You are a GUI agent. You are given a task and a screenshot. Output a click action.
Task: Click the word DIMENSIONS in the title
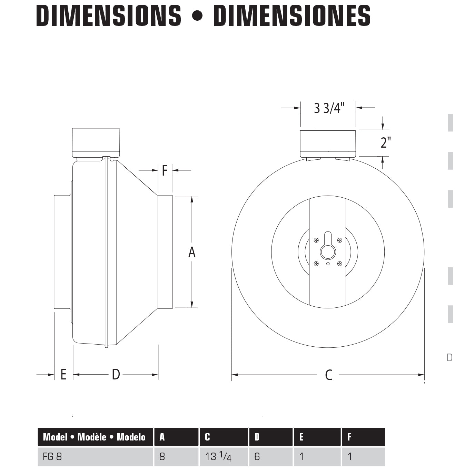(x=109, y=16)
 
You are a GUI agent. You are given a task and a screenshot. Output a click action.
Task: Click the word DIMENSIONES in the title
(x=291, y=16)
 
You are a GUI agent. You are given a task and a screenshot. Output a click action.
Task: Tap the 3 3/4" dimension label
(x=329, y=108)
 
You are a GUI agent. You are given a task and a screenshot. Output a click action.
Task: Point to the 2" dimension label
(x=386, y=142)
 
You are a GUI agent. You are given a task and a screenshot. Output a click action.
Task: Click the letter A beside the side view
(x=192, y=252)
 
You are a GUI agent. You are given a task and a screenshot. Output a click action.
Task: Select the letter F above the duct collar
(x=165, y=170)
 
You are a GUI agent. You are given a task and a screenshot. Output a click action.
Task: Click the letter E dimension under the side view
(x=63, y=374)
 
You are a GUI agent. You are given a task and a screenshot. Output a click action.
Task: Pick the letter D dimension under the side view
(x=116, y=374)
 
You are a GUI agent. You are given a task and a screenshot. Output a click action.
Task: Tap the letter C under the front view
(x=328, y=375)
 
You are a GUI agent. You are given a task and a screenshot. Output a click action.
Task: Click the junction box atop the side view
(x=96, y=142)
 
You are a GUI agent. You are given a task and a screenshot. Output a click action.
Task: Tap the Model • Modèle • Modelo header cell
(x=94, y=437)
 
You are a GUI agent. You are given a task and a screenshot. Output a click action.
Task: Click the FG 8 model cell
(x=52, y=457)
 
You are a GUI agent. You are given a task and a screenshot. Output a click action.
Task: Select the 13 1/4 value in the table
(x=218, y=457)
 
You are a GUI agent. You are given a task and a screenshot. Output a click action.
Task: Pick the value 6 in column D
(x=257, y=457)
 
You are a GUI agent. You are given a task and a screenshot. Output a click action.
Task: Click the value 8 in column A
(x=162, y=457)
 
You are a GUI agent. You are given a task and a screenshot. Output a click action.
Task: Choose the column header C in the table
(x=207, y=437)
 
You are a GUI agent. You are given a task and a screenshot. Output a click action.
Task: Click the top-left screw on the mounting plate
(x=316, y=240)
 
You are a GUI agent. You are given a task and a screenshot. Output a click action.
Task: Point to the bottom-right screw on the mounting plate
(x=340, y=264)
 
